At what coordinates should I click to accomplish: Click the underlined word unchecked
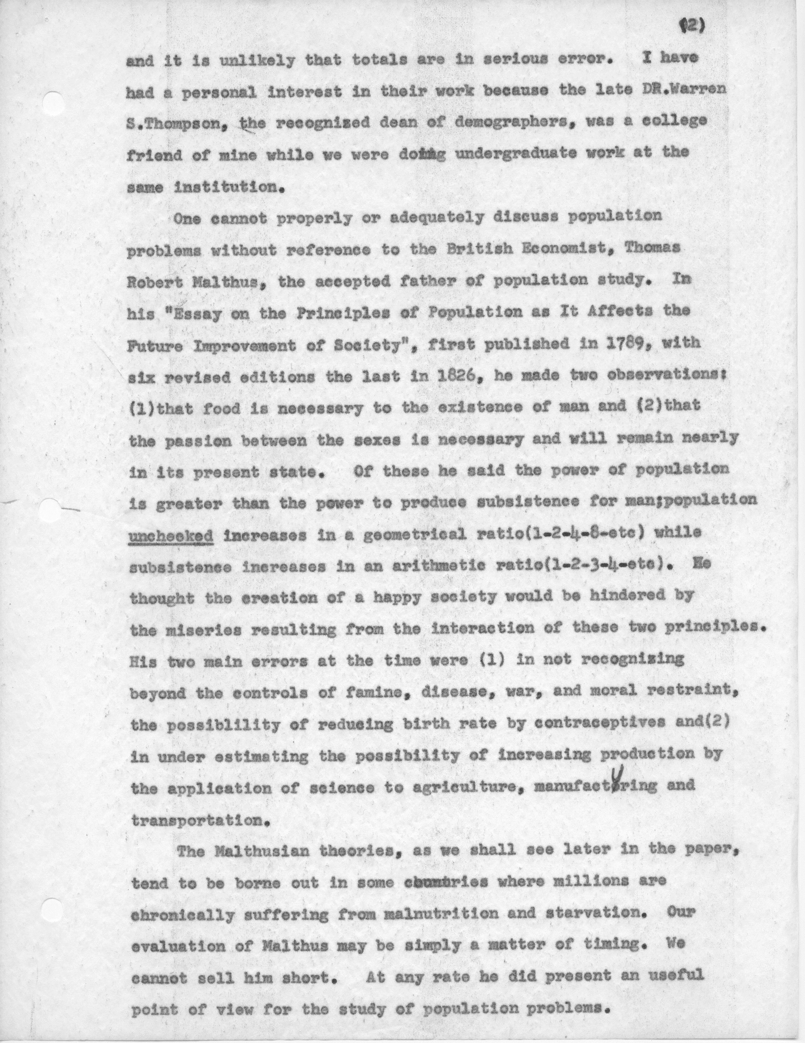(170, 535)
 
